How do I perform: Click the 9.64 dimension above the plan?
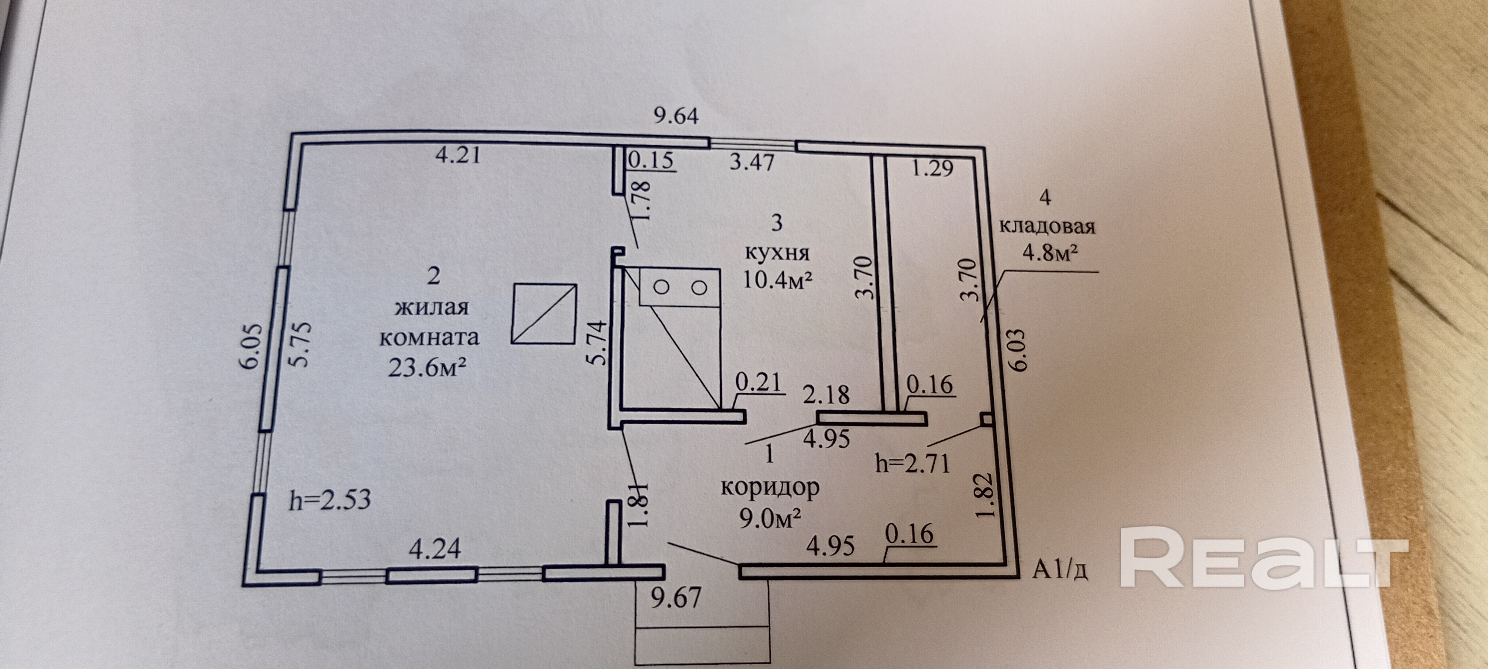(676, 116)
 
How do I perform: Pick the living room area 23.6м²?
(427, 368)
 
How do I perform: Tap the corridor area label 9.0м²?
(770, 519)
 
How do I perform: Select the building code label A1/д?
(1061, 571)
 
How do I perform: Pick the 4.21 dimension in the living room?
(457, 155)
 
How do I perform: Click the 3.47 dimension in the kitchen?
(752, 162)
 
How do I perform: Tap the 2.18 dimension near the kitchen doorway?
(826, 395)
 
